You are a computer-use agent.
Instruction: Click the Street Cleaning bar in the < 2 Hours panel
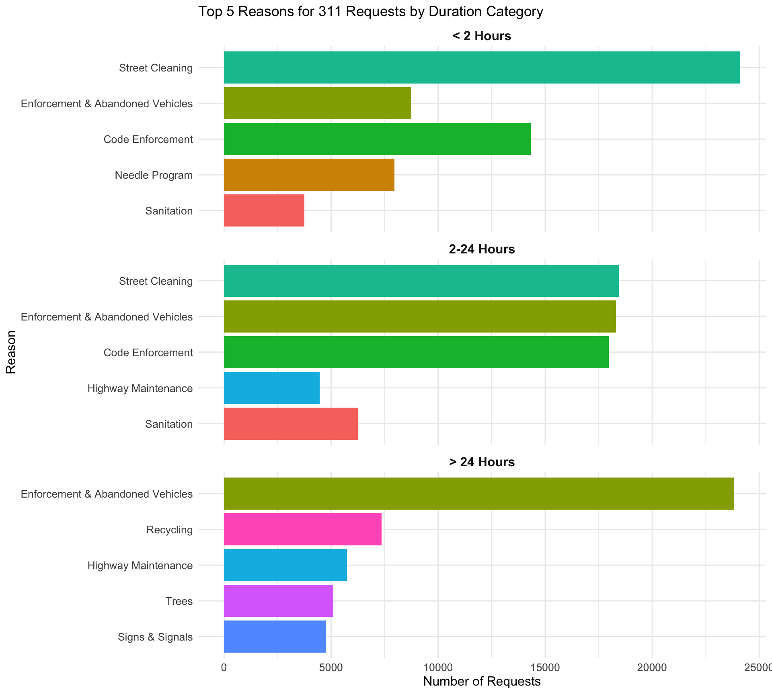482,67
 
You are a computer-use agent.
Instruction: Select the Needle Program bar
309,175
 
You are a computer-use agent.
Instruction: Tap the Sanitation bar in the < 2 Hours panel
264,210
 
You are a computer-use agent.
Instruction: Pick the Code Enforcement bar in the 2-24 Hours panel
416,352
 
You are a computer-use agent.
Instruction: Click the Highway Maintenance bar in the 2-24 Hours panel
271,388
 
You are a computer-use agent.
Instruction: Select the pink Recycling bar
302,529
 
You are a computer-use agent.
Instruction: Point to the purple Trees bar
278,601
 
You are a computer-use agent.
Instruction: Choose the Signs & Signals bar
275,637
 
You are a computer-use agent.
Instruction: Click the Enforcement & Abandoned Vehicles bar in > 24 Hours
478,494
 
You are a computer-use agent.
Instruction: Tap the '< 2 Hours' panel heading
482,36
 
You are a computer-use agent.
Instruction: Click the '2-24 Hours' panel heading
482,249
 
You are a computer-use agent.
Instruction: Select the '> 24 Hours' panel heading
482,462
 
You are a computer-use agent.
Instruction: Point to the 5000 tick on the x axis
331,667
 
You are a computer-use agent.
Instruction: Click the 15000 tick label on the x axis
545,667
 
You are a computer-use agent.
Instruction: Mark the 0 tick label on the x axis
224,667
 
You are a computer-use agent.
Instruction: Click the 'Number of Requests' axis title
482,682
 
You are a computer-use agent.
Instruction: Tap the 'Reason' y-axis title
11,352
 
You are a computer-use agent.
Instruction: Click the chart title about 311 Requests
371,12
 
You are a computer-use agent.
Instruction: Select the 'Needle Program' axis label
154,175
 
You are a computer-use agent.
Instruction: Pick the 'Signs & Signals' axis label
155,637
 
